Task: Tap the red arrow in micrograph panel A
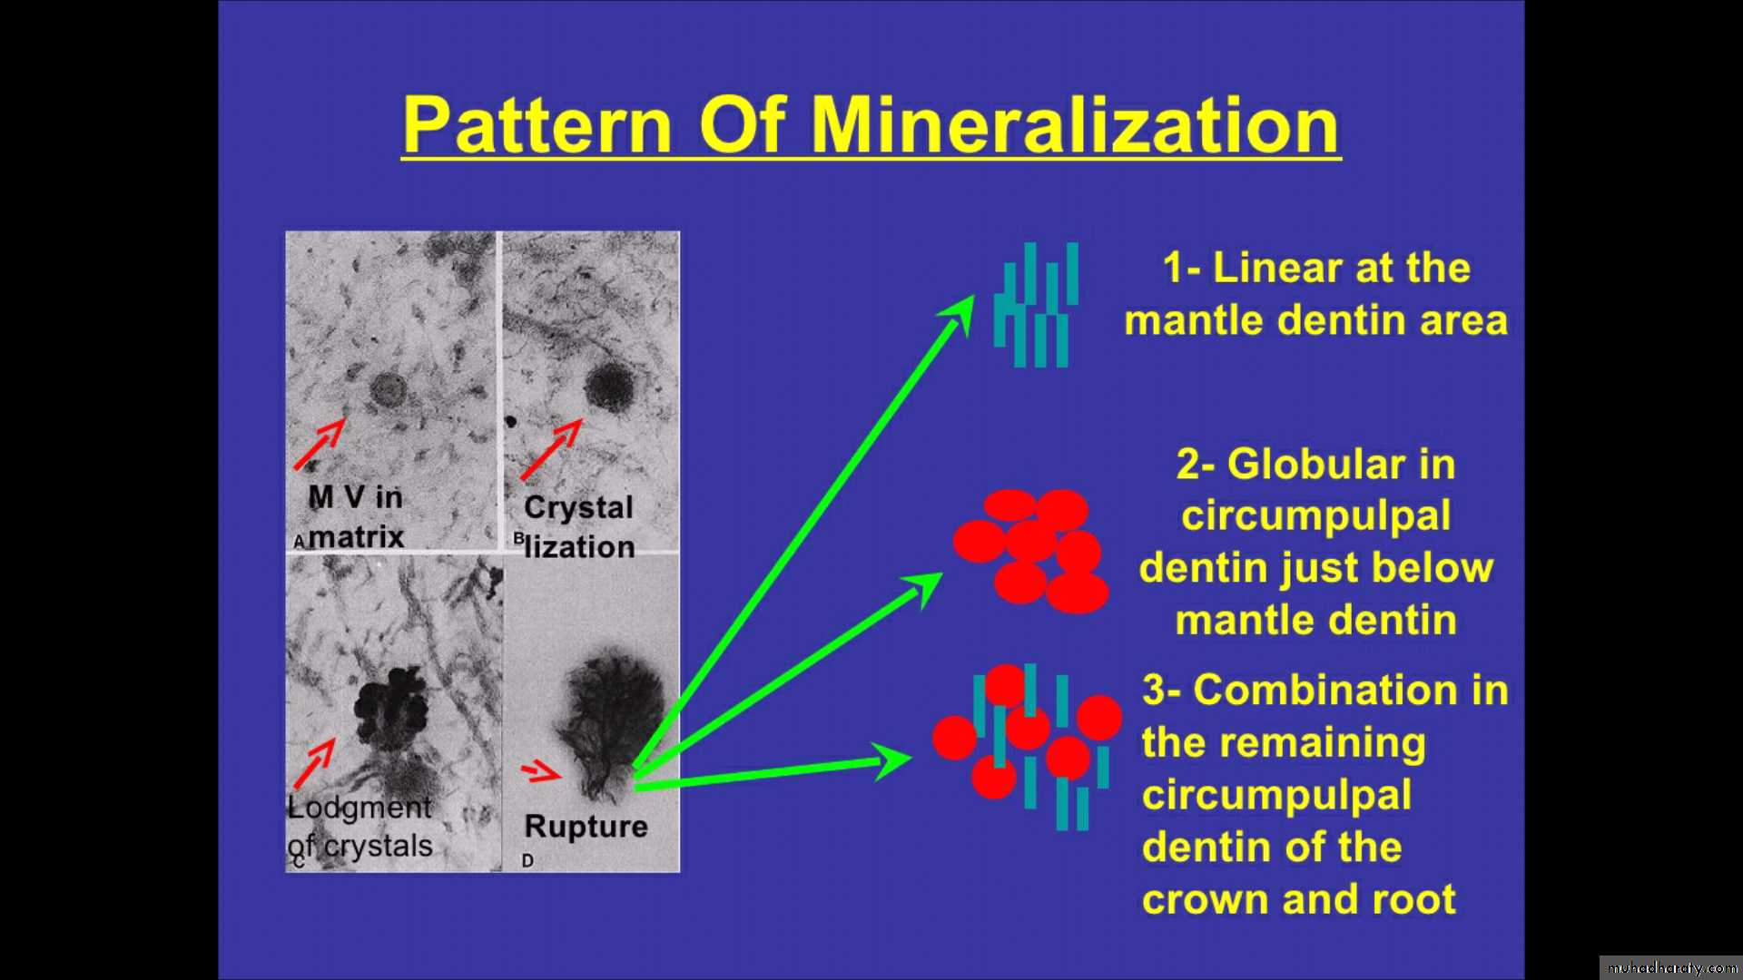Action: (320, 444)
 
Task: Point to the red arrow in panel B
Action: (551, 449)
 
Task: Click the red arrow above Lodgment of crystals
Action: (314, 763)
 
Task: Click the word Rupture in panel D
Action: (586, 827)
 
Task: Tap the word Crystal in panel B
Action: (578, 507)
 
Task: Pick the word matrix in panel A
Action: (356, 536)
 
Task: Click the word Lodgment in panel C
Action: (359, 807)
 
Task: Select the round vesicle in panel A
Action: (389, 390)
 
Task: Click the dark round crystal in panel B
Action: (608, 387)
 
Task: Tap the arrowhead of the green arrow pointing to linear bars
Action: (960, 314)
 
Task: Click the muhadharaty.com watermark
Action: (1672, 968)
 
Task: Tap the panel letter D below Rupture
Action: (527, 860)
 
